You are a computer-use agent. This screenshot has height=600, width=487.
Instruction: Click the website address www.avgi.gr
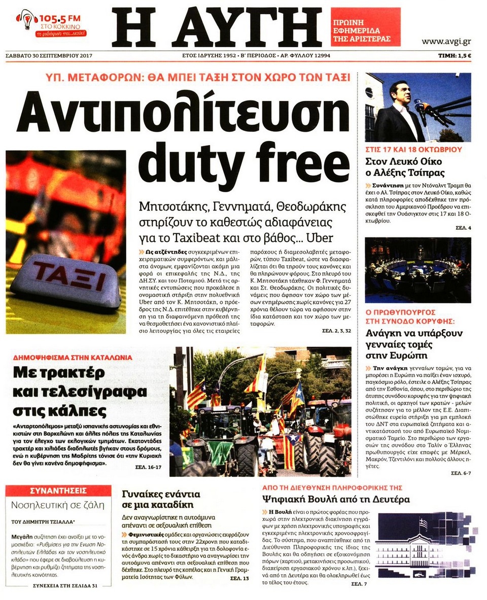tap(446, 41)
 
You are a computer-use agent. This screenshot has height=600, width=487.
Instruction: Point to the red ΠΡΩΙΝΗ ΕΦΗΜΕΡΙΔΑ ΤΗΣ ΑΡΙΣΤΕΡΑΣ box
tap(365, 27)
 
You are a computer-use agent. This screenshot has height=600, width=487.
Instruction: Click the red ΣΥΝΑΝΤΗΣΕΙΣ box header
tap(58, 490)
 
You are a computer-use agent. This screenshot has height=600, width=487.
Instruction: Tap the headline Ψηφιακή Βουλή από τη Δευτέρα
tap(335, 499)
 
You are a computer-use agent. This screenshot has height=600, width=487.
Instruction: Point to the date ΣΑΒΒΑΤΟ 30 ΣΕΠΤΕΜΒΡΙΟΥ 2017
tap(49, 55)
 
